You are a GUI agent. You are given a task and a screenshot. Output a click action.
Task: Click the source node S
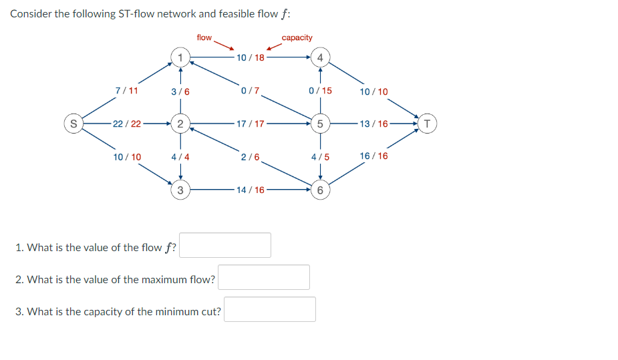pyautogui.click(x=72, y=124)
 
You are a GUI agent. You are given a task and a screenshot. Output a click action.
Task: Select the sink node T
pyautogui.click(x=428, y=124)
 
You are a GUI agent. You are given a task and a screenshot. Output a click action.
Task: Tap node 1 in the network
pyautogui.click(x=179, y=56)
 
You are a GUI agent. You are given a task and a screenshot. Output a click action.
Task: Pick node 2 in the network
pyautogui.click(x=179, y=124)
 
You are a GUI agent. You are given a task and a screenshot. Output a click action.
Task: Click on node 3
pyautogui.click(x=179, y=190)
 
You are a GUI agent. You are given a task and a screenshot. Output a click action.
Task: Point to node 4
pyautogui.click(x=321, y=57)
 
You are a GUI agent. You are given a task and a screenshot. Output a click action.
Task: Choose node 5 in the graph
pyautogui.click(x=321, y=124)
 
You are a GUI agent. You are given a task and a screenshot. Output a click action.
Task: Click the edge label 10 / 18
pyautogui.click(x=251, y=57)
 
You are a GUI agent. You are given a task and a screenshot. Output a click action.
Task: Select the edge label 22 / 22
pyautogui.click(x=127, y=124)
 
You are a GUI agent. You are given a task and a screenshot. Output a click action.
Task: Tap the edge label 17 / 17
pyautogui.click(x=251, y=124)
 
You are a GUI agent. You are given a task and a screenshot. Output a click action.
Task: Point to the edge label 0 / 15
pyautogui.click(x=320, y=90)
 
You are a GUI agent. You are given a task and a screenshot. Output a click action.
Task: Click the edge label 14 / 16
pyautogui.click(x=251, y=190)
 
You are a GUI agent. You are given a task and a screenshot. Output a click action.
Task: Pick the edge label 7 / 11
pyautogui.click(x=126, y=90)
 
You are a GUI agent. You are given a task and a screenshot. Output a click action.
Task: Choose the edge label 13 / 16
pyautogui.click(x=373, y=124)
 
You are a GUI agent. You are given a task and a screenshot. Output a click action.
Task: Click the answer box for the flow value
pyautogui.click(x=226, y=245)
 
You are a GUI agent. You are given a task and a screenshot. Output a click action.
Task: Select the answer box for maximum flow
pyautogui.click(x=264, y=277)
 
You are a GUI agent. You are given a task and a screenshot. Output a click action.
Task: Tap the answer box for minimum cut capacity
pyautogui.click(x=270, y=309)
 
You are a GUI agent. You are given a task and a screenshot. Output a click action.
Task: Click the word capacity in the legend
pyautogui.click(x=297, y=37)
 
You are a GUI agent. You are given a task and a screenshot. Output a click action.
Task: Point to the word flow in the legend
pyautogui.click(x=204, y=37)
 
